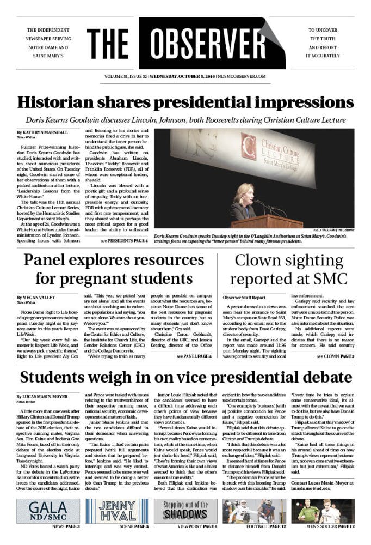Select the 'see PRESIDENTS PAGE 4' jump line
tap(124, 240)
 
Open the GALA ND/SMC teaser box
tap(48, 511)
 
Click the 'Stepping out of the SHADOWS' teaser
tap(185, 511)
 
